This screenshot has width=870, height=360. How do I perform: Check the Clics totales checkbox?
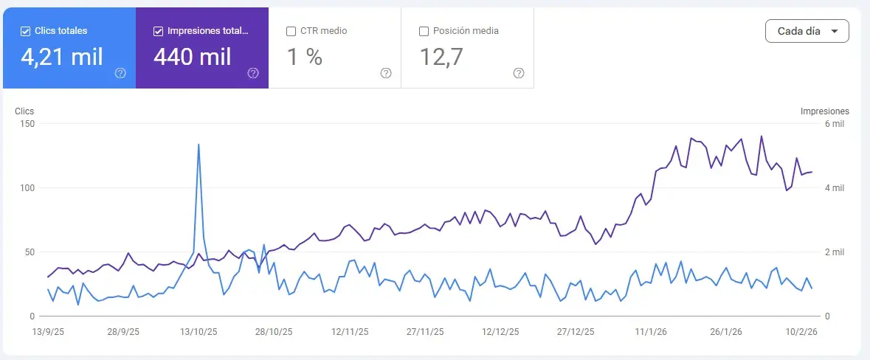(26, 31)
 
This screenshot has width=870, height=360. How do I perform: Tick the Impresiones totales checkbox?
(158, 31)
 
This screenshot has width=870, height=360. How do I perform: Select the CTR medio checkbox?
(291, 31)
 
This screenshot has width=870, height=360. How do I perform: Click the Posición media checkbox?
(424, 31)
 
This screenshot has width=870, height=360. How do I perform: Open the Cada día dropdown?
(807, 32)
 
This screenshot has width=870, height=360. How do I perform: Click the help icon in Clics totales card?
(120, 73)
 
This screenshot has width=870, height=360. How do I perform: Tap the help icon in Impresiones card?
(253, 73)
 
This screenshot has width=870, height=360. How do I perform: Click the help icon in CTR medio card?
(386, 73)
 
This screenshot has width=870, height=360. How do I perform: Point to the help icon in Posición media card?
(519, 73)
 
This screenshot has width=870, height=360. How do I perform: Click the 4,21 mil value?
(61, 57)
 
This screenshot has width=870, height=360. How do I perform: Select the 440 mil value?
(193, 57)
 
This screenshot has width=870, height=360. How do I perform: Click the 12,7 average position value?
(441, 57)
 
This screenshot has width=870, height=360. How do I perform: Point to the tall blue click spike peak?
(198, 145)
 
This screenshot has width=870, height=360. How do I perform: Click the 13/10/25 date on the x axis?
(199, 332)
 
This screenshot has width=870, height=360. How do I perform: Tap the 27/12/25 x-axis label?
(576, 332)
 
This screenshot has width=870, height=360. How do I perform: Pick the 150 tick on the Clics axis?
(27, 125)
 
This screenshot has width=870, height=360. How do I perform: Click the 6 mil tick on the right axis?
(835, 125)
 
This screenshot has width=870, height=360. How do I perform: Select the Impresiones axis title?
(824, 111)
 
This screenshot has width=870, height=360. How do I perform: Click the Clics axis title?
(24, 111)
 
